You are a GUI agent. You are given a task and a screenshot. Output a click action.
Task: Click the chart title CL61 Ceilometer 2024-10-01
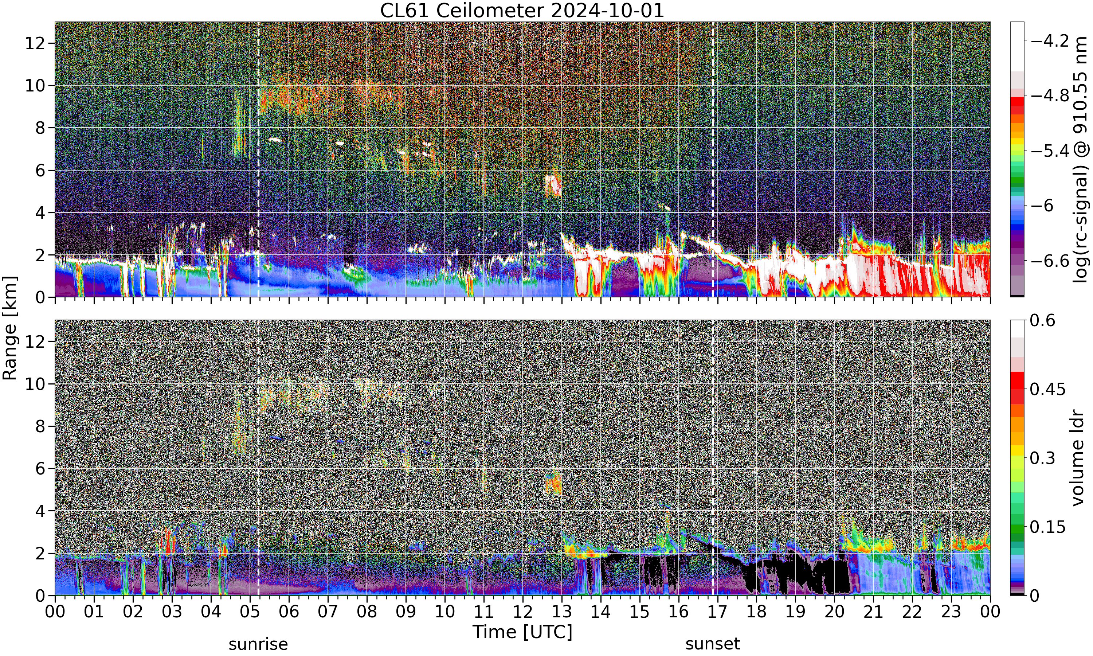click(x=522, y=11)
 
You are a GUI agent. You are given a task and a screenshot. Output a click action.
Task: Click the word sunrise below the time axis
click(x=258, y=644)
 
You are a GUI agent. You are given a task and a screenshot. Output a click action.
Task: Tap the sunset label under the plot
click(x=713, y=644)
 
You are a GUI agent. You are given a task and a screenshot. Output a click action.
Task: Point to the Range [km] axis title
click(x=10, y=328)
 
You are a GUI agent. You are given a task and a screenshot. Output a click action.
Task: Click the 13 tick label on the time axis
click(x=561, y=612)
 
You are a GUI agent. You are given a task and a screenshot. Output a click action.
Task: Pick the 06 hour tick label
click(x=289, y=612)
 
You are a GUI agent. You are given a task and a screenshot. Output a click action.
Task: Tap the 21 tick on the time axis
click(x=873, y=612)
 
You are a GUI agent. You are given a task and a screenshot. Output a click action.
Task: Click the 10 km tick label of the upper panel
click(x=35, y=86)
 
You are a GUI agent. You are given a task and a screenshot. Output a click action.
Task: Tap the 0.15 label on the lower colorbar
click(x=1047, y=527)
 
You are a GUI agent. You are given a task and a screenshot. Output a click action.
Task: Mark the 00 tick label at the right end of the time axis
click(x=990, y=612)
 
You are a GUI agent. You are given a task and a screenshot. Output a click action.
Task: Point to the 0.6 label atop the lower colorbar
click(x=1043, y=320)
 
